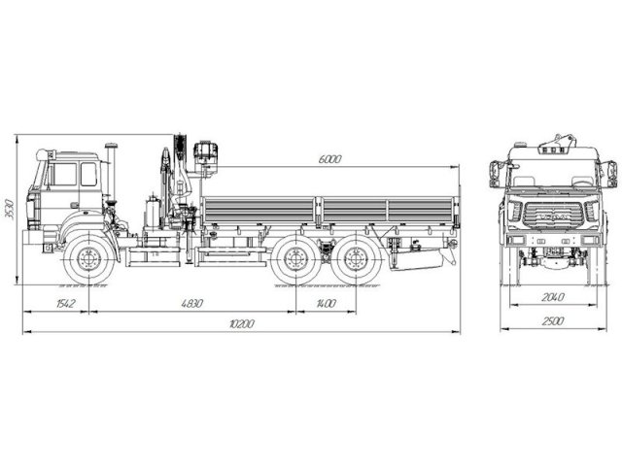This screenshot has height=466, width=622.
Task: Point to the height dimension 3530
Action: point(10,211)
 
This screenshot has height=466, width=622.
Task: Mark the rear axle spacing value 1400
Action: point(326,304)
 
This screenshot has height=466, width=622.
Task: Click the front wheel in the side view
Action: point(89,259)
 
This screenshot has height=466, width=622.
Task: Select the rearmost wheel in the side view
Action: point(354,259)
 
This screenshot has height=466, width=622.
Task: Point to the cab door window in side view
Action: point(65,175)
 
